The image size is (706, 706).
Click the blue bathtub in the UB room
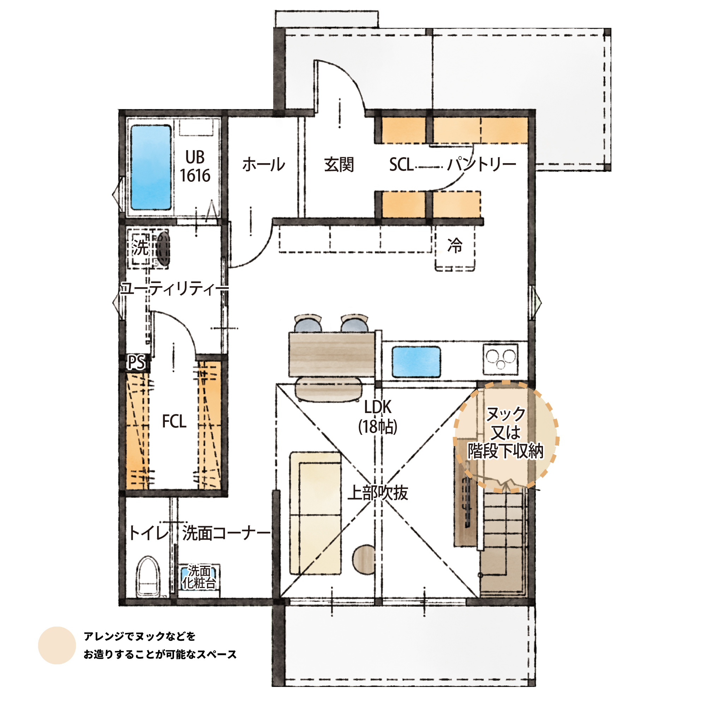151,167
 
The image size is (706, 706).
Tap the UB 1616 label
195,166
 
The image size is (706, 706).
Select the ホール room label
263,164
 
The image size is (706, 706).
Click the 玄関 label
339,164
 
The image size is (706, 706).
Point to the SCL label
401,164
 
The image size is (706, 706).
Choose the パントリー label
481,164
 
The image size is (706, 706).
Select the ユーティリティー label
175,289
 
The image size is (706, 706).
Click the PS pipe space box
136,363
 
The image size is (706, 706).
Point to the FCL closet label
174,421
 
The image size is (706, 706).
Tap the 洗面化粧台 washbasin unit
199,578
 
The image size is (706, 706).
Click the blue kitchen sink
416,362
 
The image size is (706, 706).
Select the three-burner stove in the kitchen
501,359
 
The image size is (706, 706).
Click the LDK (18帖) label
377,417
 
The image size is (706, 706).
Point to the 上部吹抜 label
377,492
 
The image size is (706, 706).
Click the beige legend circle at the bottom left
56,645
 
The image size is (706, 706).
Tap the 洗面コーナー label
226,533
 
